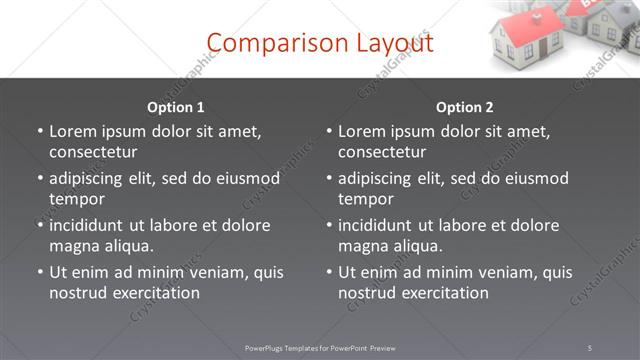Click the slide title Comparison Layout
coord(319,43)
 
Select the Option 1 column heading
coord(176,107)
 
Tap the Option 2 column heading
coord(465,107)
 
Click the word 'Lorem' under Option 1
coord(73,131)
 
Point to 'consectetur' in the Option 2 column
coord(382,152)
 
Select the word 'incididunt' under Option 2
coord(378,225)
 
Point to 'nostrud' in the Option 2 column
coord(366,293)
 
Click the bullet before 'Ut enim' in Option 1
coord(40,272)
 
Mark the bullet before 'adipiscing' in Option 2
coord(329,178)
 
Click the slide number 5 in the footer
coord(590,347)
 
